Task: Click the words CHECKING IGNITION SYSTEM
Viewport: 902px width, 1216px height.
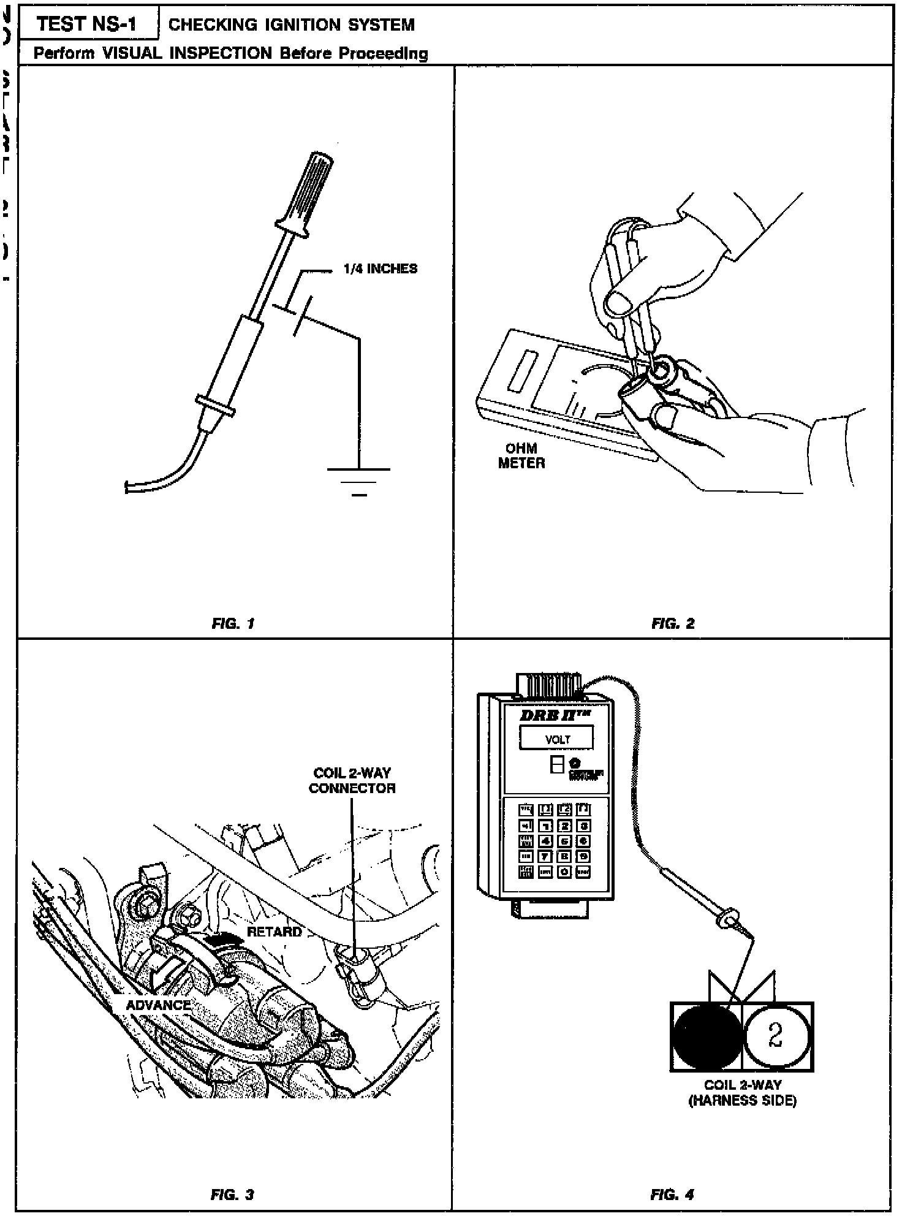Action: pyautogui.click(x=291, y=25)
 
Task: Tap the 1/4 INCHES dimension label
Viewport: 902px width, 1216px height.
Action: pyautogui.click(x=380, y=268)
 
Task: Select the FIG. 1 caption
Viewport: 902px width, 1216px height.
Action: pyautogui.click(x=233, y=624)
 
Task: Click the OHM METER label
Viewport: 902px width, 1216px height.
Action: pyautogui.click(x=521, y=455)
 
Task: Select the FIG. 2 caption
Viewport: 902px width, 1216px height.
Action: pyautogui.click(x=673, y=624)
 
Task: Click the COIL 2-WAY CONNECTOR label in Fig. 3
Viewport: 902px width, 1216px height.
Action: pyautogui.click(x=352, y=780)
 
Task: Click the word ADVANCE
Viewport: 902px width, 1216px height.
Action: pyautogui.click(x=158, y=1005)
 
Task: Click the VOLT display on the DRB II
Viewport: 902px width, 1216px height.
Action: pyautogui.click(x=556, y=739)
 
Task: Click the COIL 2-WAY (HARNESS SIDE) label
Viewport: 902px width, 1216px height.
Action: pyautogui.click(x=742, y=1092)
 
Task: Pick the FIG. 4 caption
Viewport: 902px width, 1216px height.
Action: pyautogui.click(x=672, y=1194)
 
